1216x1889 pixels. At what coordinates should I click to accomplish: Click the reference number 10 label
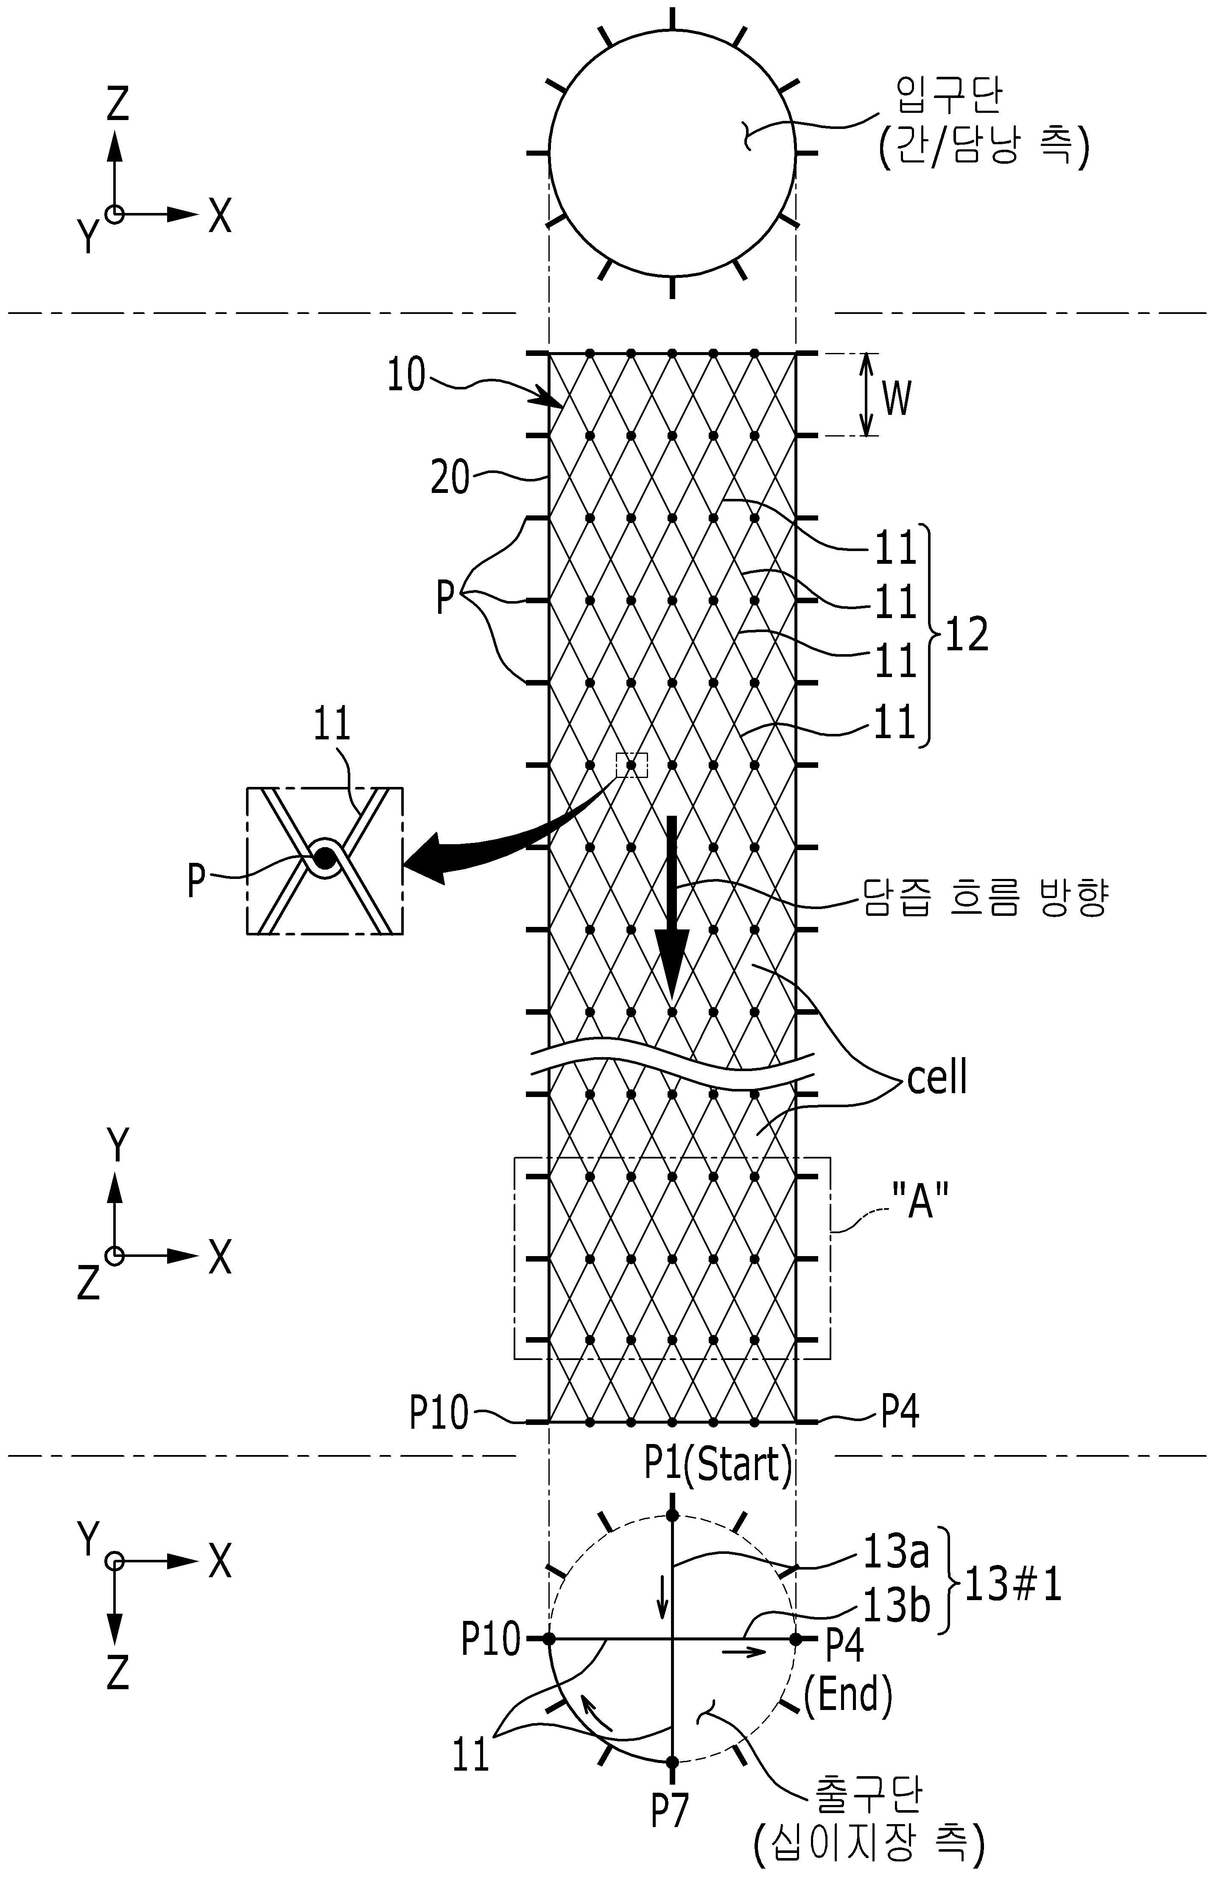click(x=406, y=376)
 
